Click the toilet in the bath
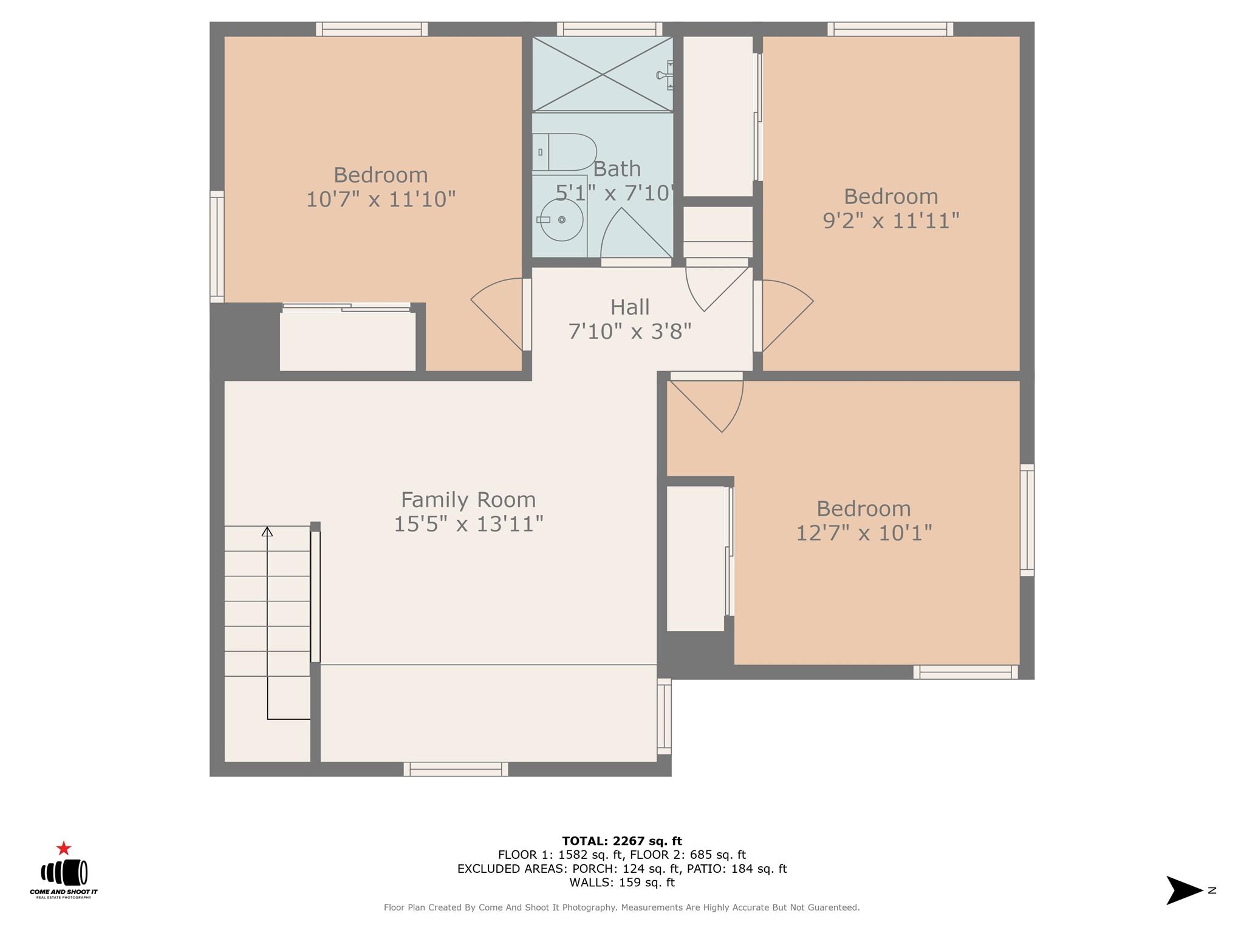[x=565, y=152]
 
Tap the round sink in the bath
[x=562, y=219]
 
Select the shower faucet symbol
[x=665, y=75]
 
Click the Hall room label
[x=630, y=307]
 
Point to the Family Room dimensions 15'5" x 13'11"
[x=468, y=524]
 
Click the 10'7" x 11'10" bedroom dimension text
[x=380, y=199]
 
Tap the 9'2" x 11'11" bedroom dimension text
[x=890, y=220]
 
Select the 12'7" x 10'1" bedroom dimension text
[x=863, y=533]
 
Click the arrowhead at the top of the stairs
[x=267, y=531]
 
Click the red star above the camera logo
[x=63, y=848]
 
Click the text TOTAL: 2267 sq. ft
[x=621, y=841]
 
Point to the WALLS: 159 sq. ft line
[x=621, y=883]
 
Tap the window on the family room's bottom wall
[x=456, y=770]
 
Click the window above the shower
[x=609, y=29]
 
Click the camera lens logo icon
[x=64, y=872]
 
